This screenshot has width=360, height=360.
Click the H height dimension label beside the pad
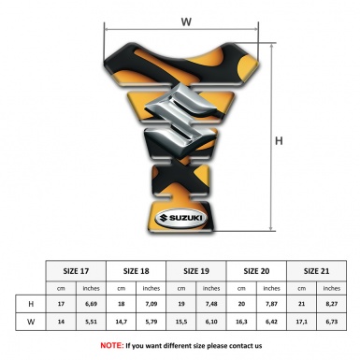tap(279, 141)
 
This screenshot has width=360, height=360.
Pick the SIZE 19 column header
tap(197, 268)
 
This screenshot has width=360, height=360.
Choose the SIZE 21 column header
tap(317, 268)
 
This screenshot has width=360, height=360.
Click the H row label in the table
tap(32, 303)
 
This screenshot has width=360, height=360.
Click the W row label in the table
tap(32, 322)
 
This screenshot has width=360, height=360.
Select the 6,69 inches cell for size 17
tap(92, 303)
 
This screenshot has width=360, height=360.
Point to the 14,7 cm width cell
tap(122, 322)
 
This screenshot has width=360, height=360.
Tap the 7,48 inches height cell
tap(212, 303)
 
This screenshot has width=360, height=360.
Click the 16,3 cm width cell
tap(242, 322)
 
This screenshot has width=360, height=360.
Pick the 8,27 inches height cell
tap(332, 303)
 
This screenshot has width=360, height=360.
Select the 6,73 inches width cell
tap(332, 322)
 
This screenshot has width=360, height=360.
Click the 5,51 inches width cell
tap(92, 322)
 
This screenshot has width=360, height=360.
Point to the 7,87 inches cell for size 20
tap(272, 303)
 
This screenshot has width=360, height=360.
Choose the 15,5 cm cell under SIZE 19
tap(182, 322)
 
